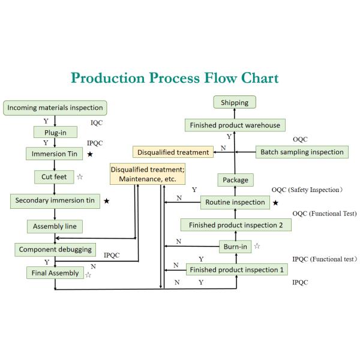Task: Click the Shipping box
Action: click(234, 103)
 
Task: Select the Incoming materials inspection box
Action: click(55, 108)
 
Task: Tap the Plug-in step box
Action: click(55, 131)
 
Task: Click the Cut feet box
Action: click(54, 177)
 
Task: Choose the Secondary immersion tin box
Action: click(55, 201)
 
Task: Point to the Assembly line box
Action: click(55, 226)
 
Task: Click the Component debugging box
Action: click(55, 248)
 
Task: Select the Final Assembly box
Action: click(55, 273)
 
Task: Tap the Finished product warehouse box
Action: click(235, 125)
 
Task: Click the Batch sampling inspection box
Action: click(302, 152)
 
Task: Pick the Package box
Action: click(235, 179)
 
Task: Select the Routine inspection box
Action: click(235, 202)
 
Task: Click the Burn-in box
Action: click(235, 245)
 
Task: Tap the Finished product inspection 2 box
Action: click(236, 225)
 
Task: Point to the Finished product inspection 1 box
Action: click(236, 269)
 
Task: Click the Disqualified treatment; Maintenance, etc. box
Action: click(147, 175)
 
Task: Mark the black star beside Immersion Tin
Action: click(89, 154)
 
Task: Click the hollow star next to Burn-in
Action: click(257, 245)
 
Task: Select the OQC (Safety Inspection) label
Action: click(307, 190)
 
